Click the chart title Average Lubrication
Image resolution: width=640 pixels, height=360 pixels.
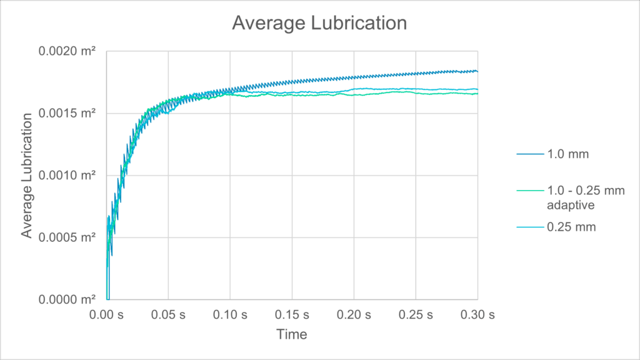[x=319, y=23]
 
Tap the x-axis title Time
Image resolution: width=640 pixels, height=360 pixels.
[x=292, y=334]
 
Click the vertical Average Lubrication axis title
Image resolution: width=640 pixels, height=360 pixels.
[x=27, y=176]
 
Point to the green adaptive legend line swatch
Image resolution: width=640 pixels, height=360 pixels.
[x=530, y=191]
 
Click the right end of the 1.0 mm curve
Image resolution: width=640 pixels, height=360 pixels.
[x=477, y=71]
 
